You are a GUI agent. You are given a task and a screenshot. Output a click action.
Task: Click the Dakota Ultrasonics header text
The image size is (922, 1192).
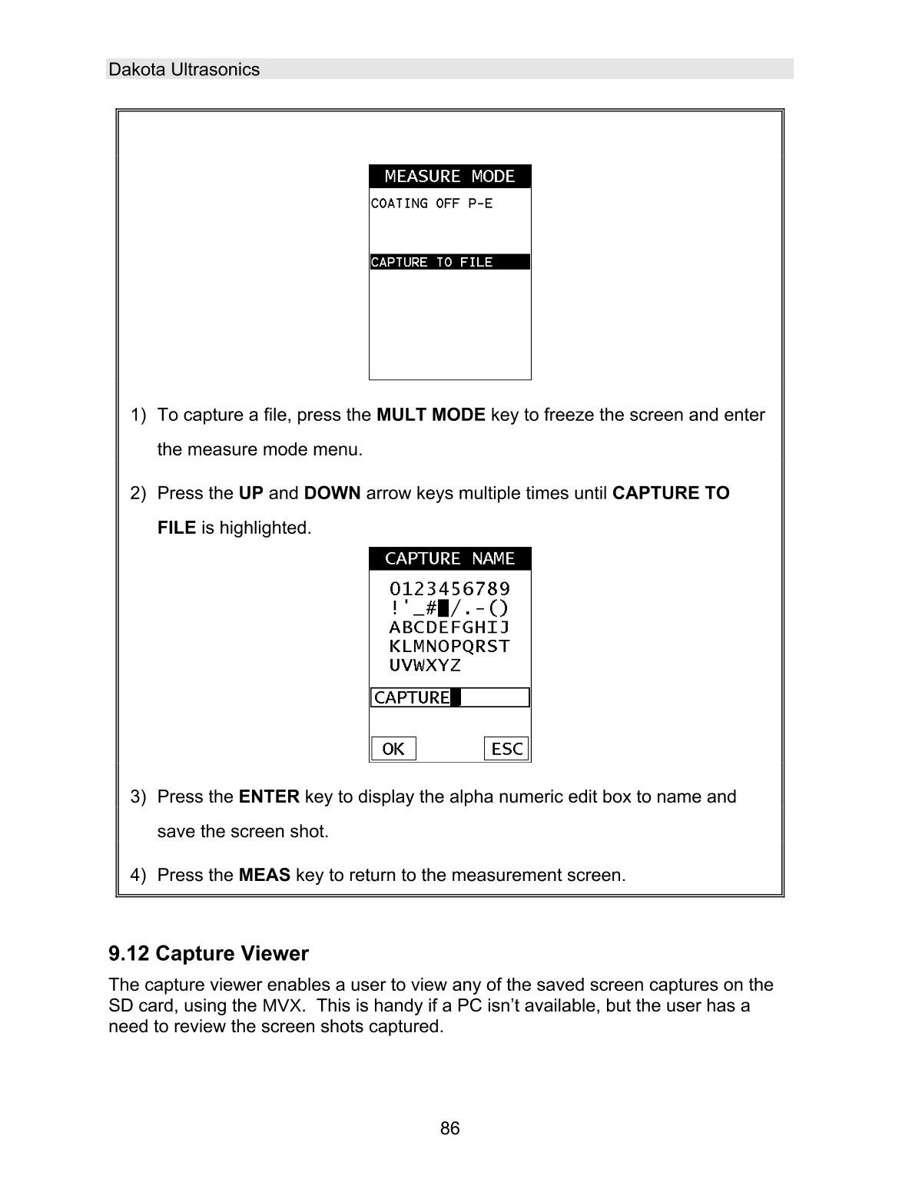click(184, 70)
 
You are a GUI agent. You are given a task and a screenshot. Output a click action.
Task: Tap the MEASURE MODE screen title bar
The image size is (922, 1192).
click(449, 177)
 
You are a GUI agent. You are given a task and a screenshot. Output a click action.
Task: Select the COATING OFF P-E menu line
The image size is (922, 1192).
click(431, 204)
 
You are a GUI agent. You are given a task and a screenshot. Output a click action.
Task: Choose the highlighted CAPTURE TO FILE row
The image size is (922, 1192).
click(449, 263)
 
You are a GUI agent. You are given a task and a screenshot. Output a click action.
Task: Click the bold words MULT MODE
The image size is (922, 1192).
click(430, 416)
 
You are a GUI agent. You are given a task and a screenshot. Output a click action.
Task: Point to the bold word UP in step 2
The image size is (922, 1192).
click(250, 493)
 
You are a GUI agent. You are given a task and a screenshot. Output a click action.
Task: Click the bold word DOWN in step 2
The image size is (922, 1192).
click(332, 493)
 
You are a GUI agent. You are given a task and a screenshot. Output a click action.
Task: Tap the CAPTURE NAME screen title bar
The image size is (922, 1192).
click(449, 558)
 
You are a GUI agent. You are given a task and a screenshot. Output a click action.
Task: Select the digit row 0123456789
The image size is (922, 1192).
click(449, 589)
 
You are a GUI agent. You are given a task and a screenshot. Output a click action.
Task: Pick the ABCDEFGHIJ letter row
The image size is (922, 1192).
click(449, 627)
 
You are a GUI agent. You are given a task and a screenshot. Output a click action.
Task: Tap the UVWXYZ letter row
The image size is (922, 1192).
click(425, 665)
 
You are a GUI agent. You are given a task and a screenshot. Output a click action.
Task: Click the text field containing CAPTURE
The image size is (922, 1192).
click(449, 697)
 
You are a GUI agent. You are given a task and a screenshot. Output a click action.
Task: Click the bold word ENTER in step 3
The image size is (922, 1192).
click(269, 797)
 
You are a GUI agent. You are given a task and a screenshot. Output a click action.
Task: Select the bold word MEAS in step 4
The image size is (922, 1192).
click(264, 876)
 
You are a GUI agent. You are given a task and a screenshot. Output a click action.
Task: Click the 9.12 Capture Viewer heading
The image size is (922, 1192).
click(208, 954)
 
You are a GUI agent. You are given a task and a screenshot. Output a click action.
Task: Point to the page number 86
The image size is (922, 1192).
click(450, 1128)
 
